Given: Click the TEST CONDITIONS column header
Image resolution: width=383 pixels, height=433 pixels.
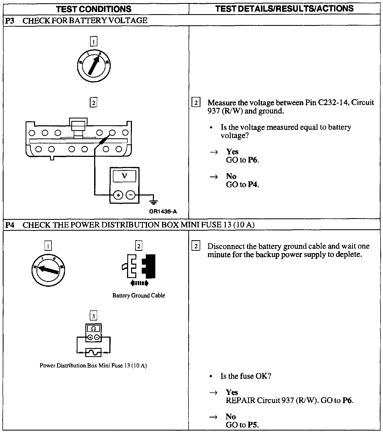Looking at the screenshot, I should (x=94, y=9).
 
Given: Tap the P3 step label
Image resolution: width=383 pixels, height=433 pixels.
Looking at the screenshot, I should (x=10, y=20).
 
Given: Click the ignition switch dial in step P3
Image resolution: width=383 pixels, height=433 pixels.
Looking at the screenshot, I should (x=94, y=65).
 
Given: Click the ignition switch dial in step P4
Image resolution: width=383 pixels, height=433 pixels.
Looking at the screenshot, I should (x=48, y=270).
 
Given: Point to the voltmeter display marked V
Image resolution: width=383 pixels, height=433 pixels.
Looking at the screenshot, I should (x=124, y=176).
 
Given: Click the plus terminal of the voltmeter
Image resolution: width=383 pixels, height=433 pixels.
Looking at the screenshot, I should (x=118, y=195).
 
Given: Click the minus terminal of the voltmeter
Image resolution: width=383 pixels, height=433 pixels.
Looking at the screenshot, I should (x=131, y=195).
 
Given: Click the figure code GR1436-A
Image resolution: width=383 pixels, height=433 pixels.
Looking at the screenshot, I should (x=163, y=212).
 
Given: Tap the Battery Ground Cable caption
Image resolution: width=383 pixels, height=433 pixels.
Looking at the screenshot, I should (x=139, y=295).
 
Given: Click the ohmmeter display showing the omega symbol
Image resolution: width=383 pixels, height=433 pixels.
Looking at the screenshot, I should (x=93, y=329).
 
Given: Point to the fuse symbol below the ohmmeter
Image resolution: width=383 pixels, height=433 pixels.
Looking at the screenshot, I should (x=93, y=352).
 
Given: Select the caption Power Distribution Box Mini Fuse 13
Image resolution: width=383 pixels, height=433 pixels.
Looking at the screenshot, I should (x=93, y=365).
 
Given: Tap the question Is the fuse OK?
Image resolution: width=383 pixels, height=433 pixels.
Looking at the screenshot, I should (x=246, y=376).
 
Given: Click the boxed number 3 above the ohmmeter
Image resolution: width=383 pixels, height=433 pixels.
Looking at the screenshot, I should (x=93, y=316).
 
